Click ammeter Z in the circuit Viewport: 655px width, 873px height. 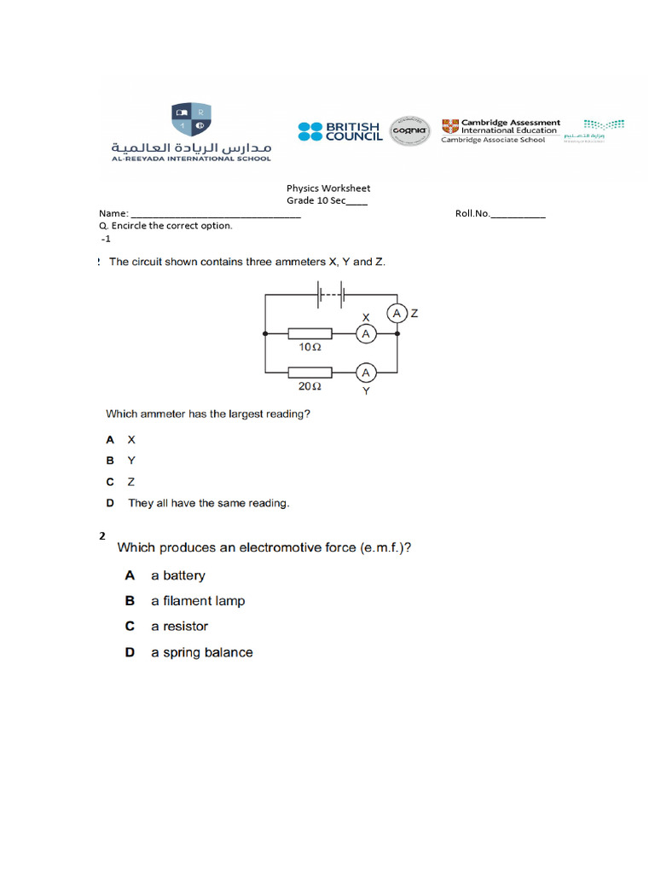pos(397,314)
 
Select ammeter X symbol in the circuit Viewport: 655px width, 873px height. pos(366,334)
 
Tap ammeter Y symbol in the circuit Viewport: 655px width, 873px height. pos(366,373)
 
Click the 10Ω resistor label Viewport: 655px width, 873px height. pos(310,348)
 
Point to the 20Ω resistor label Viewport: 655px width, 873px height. pos(310,386)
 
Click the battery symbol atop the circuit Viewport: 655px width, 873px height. pos(331,295)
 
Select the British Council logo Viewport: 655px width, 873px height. pos(339,131)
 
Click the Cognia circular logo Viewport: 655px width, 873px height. pos(410,131)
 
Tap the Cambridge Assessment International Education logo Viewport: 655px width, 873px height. pos(501,130)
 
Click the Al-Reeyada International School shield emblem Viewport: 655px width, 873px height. pos(191,119)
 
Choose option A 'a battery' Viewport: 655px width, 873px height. pos(177,575)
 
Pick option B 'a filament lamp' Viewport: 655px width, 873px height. pos(197,601)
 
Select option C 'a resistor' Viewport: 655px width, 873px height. pos(179,627)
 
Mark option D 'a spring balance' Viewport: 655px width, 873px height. pos(201,652)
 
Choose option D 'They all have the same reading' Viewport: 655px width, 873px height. pos(208,503)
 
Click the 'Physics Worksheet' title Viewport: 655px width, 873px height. pos(328,188)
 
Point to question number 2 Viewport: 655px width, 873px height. pos(102,536)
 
